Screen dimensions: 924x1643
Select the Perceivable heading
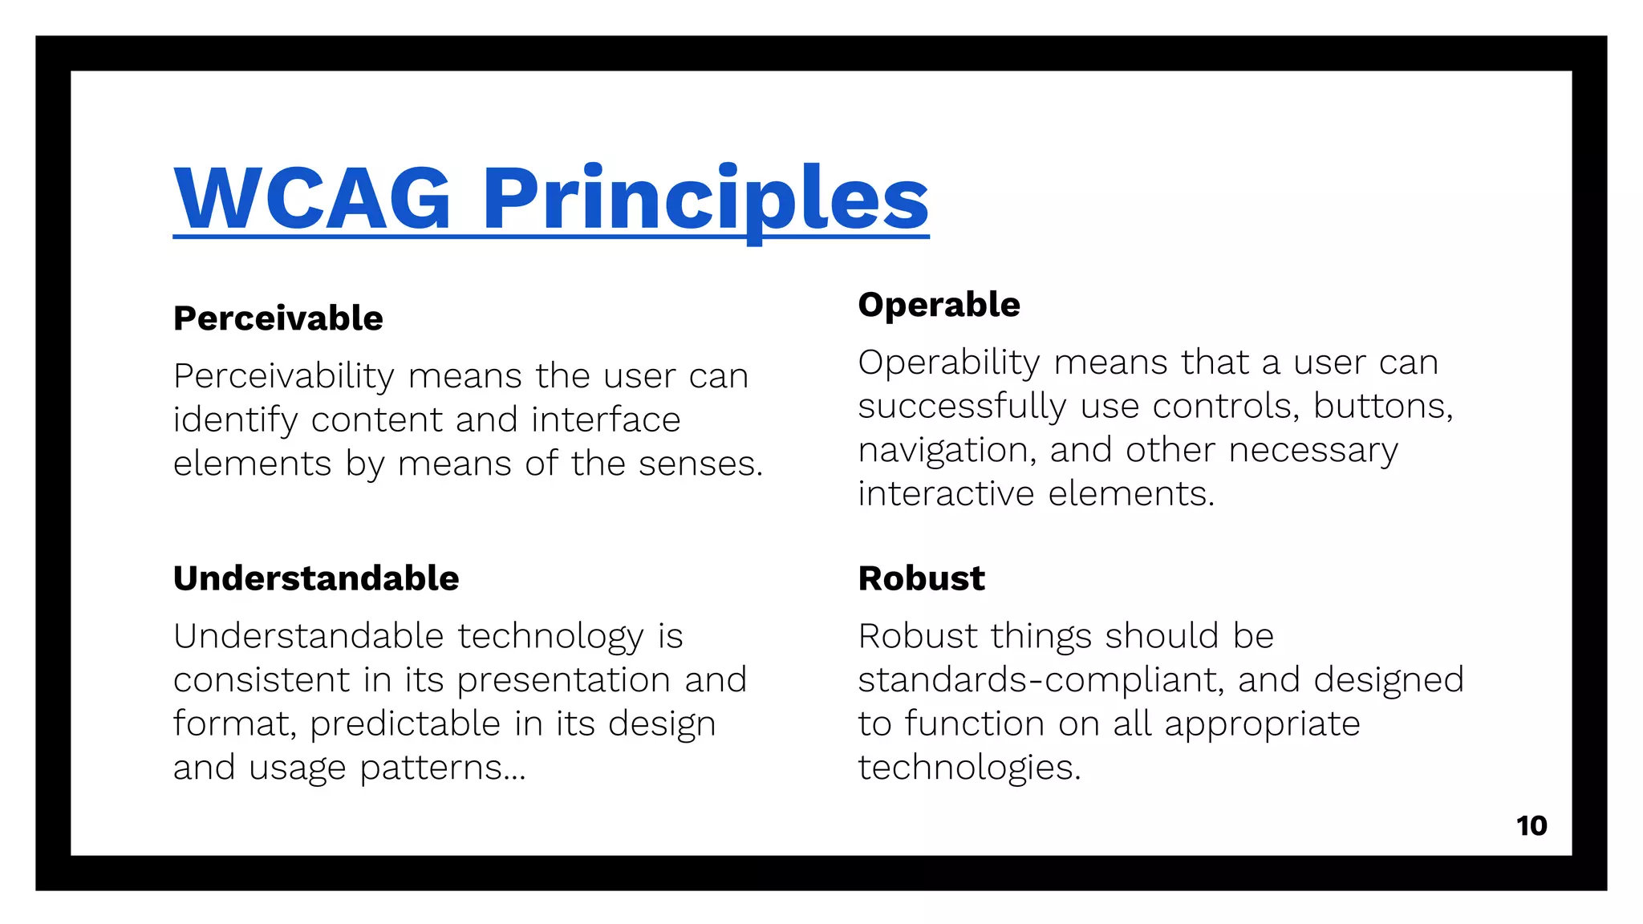[x=278, y=318]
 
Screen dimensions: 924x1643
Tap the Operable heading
[x=939, y=305]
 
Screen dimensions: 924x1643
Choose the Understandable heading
[x=316, y=578]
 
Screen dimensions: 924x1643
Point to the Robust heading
[x=921, y=578]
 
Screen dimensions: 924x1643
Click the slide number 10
[x=1531, y=825]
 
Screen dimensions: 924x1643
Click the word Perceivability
[x=284, y=376]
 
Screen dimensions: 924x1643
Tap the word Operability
[x=948, y=363]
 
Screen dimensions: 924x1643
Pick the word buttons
[x=1381, y=406]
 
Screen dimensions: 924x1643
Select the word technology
[x=550, y=637]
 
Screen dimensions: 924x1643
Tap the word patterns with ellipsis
[x=442, y=768]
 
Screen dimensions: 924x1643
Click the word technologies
[x=969, y=768]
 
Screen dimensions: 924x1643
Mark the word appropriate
[x=1262, y=724]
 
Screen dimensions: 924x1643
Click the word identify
[x=235, y=420]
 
